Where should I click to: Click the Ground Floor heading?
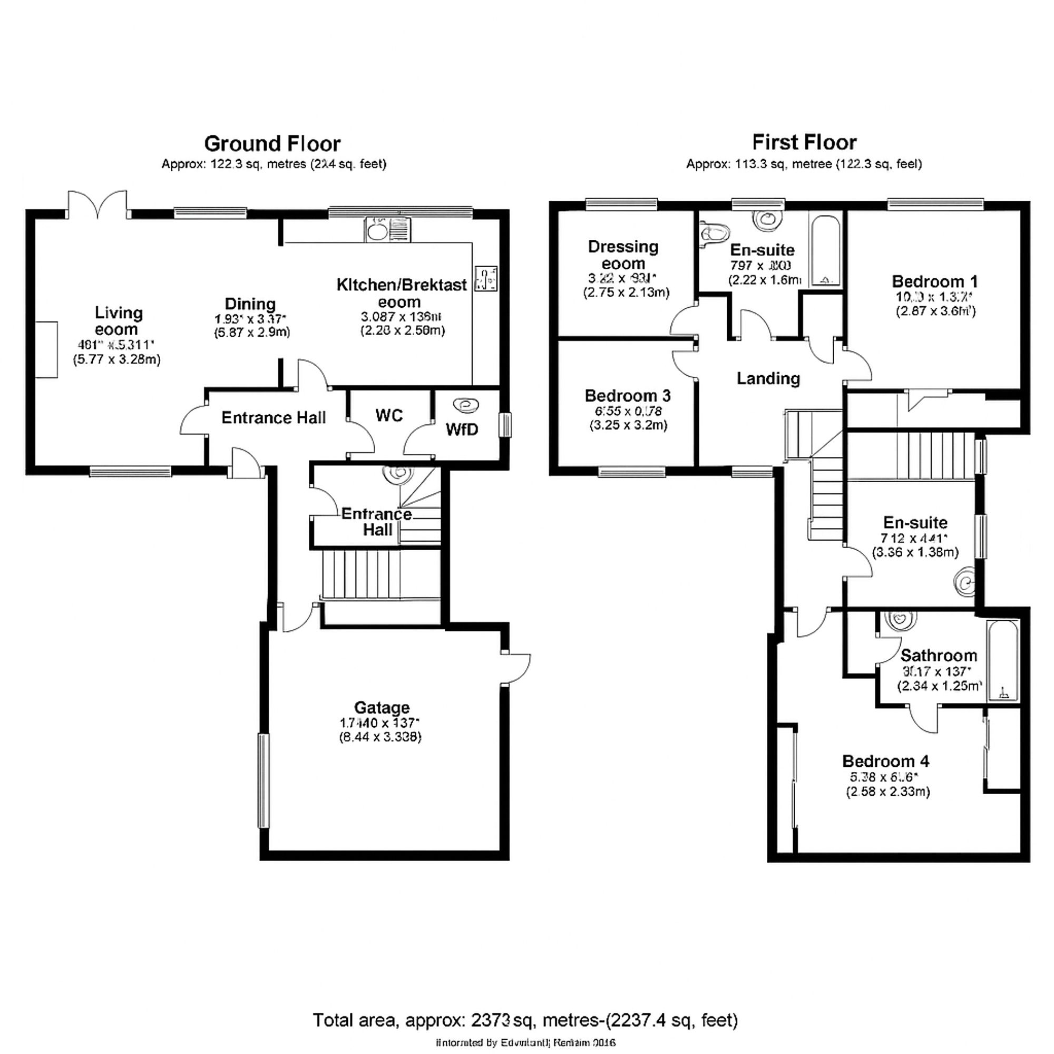tap(272, 144)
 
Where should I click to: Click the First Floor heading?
tap(804, 143)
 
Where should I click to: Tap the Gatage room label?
tap(382, 708)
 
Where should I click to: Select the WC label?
tap(389, 416)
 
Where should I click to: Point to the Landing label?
tap(768, 378)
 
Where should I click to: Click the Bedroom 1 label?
tap(934, 281)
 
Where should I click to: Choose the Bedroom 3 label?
tap(627, 396)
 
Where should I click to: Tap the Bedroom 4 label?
tap(885, 761)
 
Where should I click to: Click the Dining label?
tap(250, 304)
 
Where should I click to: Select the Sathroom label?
tap(939, 655)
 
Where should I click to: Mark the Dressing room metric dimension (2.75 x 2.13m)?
tap(626, 292)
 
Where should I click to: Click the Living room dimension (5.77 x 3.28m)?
tap(117, 359)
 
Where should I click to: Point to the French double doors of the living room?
tap(98, 204)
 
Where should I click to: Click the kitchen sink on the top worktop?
tap(376, 230)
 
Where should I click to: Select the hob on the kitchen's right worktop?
tap(485, 279)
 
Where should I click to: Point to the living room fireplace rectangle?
tap(47, 349)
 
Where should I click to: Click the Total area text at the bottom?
tap(525, 1020)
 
